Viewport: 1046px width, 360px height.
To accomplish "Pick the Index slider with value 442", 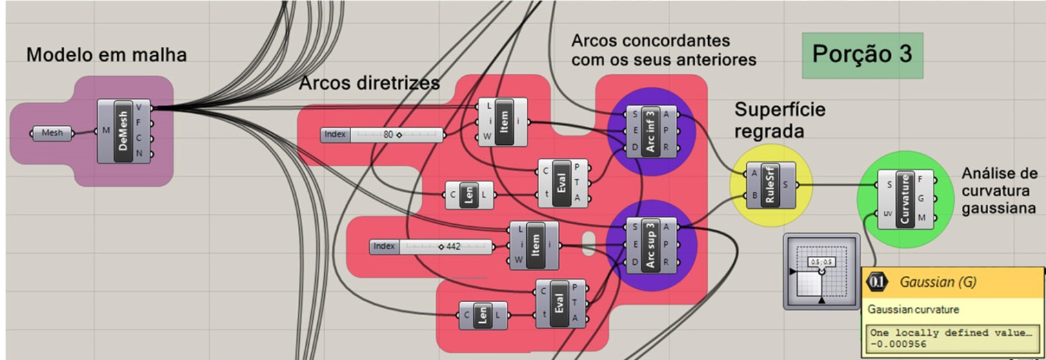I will (432, 246).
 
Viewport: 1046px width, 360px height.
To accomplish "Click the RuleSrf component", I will (771, 185).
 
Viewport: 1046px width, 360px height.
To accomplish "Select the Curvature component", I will (905, 200).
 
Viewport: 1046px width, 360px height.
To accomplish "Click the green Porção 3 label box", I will (862, 55).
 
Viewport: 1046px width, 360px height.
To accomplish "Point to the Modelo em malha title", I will (106, 55).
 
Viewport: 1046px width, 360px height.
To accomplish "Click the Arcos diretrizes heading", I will (369, 84).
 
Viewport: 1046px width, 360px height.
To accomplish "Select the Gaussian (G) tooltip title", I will (938, 282).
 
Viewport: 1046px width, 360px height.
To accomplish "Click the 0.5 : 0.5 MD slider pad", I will (821, 271).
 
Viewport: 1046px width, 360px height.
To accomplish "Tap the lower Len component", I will (483, 315).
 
